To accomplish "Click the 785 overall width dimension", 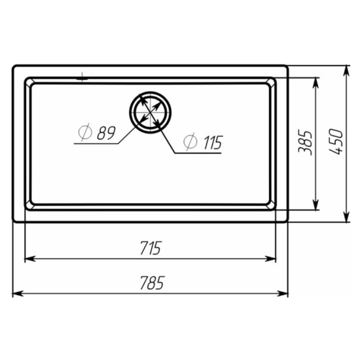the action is coord(153,283).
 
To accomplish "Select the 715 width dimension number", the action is coord(151,248).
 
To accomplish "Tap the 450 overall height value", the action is coord(336,142).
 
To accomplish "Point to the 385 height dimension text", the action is coord(306,143).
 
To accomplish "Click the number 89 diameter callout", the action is coord(106,133).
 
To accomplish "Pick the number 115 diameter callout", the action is coord(213,143).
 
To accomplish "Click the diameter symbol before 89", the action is coord(85,132).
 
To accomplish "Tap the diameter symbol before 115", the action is coord(190,141).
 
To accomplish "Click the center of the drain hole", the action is coord(150,113).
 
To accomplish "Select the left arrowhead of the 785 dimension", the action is coord(18,294).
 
